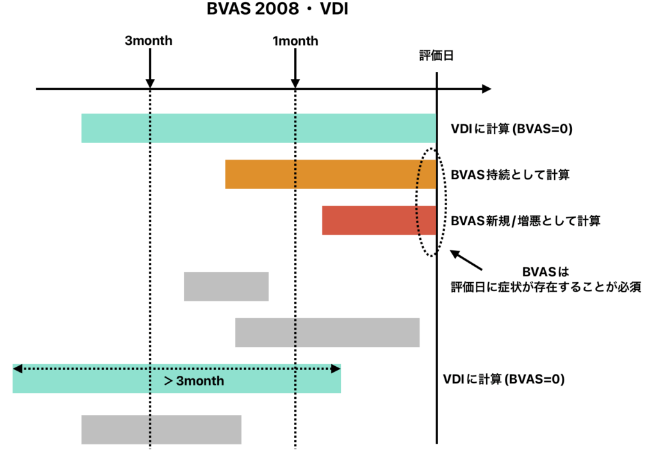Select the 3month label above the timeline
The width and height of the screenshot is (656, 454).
[x=149, y=42]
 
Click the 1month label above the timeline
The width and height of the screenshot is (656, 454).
[x=295, y=42]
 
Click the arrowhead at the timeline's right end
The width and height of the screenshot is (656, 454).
[x=486, y=88]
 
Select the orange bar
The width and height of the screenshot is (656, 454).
[x=330, y=174]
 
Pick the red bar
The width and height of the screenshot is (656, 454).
[x=379, y=221]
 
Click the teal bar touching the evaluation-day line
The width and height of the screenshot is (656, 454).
[x=258, y=128]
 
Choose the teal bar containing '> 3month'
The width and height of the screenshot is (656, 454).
[x=176, y=379]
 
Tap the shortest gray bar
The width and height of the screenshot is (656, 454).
[x=226, y=287]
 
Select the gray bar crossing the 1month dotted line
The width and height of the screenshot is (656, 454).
[x=327, y=332]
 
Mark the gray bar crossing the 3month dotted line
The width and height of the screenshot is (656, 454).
[x=161, y=430]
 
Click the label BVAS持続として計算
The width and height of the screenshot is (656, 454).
[x=510, y=174]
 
